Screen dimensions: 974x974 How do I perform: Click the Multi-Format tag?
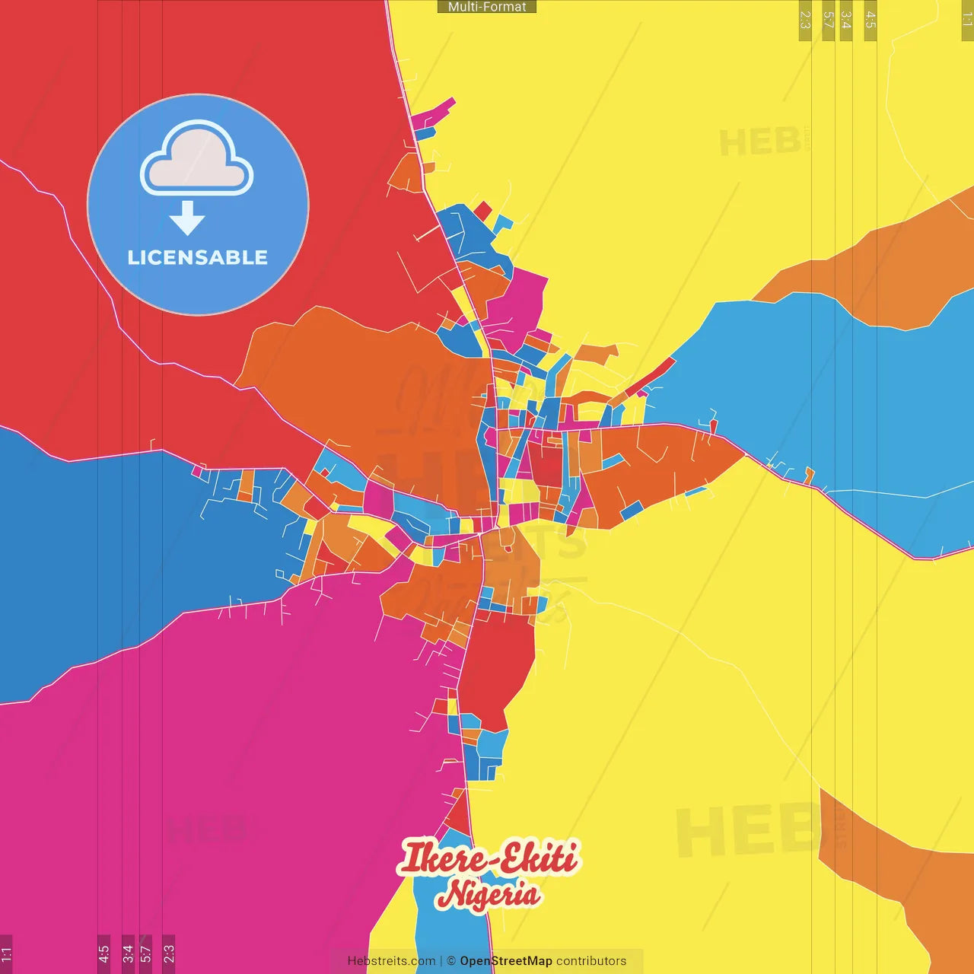click(487, 7)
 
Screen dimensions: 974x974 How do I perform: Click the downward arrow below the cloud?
click(187, 218)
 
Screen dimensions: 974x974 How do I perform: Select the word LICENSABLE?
click(198, 258)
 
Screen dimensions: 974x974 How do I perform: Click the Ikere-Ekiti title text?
click(488, 857)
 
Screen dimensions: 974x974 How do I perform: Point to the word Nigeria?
click(489, 894)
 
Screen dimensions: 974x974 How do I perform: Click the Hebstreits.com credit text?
click(391, 961)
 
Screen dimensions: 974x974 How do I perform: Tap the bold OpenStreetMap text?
click(506, 961)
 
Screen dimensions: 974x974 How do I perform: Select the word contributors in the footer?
click(591, 961)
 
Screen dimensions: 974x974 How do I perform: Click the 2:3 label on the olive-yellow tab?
click(805, 20)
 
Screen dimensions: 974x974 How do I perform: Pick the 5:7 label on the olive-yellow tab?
click(828, 20)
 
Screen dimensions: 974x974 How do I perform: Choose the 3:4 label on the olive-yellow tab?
click(845, 20)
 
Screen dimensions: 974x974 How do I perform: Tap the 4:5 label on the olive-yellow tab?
click(871, 20)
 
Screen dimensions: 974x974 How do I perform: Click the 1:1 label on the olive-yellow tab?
click(966, 20)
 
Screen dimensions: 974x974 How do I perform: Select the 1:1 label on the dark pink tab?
click(6, 953)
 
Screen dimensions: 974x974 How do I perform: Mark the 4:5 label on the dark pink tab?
click(103, 953)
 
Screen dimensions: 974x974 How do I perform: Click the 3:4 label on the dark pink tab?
click(128, 953)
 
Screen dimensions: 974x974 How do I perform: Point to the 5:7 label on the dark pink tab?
click(145, 953)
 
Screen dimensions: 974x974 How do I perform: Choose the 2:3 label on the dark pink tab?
click(168, 953)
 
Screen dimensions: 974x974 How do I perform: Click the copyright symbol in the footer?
click(451, 961)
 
